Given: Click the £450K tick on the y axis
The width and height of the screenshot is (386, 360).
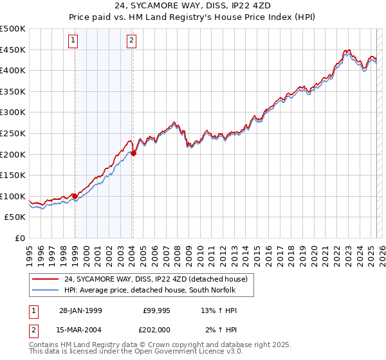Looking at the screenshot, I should tap(13, 50).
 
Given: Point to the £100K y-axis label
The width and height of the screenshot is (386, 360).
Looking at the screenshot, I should tap(13, 196).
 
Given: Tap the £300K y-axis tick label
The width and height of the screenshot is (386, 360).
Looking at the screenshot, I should tap(13, 113).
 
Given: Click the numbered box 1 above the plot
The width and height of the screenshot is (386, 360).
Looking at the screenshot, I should tap(73, 41).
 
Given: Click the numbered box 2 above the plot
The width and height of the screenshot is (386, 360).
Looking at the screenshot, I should tap(131, 41).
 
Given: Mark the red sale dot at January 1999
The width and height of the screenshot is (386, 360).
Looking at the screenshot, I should tap(75, 196).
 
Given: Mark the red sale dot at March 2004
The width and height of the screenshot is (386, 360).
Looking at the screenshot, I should tap(133, 154).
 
